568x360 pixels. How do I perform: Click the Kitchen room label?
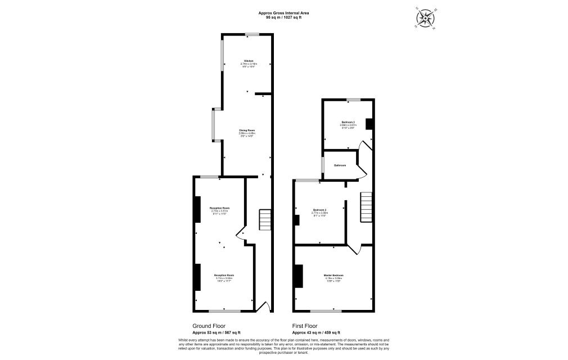point(248,61)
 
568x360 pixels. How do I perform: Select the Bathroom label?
point(340,165)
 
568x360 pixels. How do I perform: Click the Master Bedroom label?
point(333,275)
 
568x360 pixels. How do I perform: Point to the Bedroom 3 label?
point(348,122)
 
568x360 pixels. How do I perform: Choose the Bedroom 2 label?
point(320,210)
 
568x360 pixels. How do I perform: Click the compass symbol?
point(425,18)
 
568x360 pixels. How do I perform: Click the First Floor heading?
point(305,326)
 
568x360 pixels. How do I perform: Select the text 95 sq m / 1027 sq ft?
point(283,17)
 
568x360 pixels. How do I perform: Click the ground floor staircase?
point(265,220)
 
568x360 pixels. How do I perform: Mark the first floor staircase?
point(366,206)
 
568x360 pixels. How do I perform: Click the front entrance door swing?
point(263,307)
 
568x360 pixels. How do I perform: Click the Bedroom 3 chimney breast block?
point(369,124)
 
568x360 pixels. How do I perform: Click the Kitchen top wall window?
point(252,35)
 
